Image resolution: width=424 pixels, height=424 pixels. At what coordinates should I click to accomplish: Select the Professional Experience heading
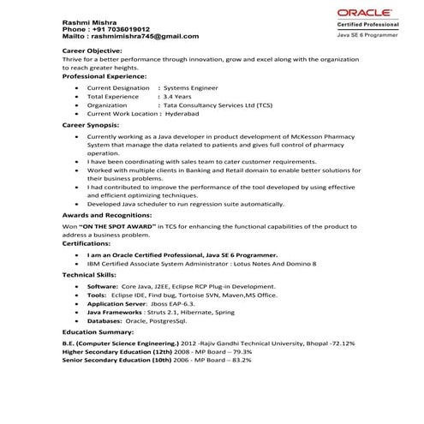(x=107, y=76)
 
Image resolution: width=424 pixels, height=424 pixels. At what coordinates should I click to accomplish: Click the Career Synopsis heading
(x=92, y=125)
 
